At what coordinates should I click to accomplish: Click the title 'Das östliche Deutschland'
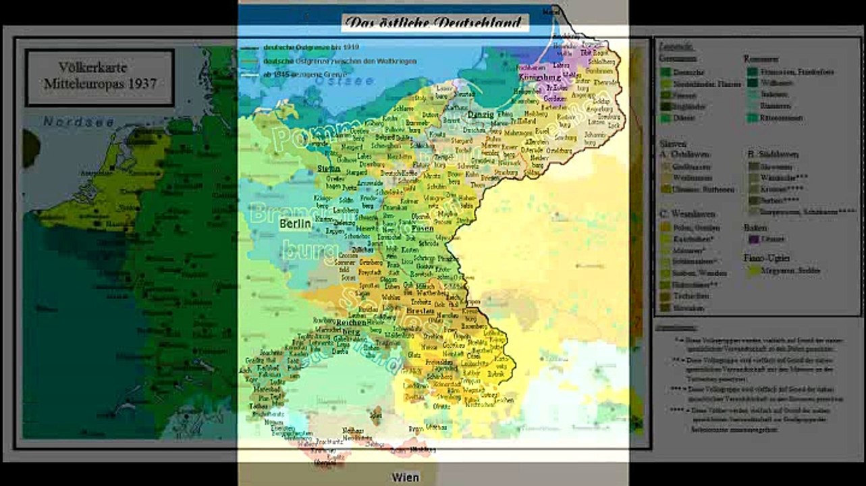point(433,23)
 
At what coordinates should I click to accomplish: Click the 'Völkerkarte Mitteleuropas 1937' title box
point(99,76)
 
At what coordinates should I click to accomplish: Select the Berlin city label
point(295,223)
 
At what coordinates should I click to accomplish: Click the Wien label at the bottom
point(406,477)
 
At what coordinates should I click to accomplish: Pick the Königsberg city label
point(540,78)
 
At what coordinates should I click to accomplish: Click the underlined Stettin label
point(329,168)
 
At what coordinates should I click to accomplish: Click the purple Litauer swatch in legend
point(754,238)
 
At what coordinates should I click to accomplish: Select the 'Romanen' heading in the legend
point(761,59)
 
